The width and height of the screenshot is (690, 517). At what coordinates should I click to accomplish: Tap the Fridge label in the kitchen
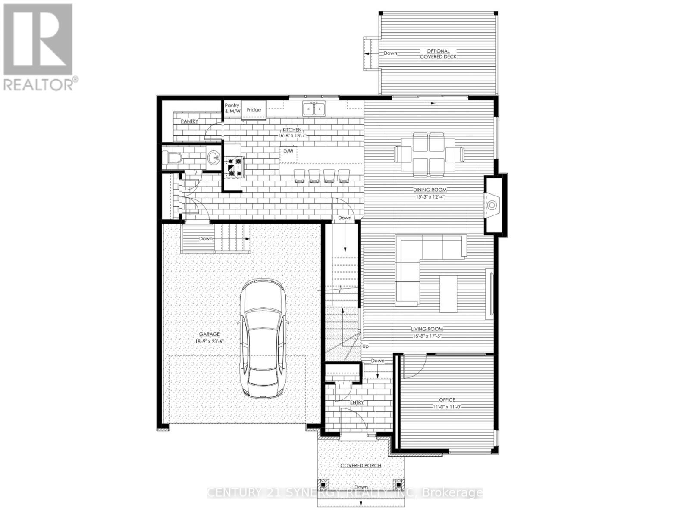254,110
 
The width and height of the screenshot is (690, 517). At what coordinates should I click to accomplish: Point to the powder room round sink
213,158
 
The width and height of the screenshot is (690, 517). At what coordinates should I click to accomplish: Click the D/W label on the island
288,151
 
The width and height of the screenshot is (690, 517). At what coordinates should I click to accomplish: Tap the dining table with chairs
429,154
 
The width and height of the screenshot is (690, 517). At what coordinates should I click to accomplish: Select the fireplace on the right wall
492,205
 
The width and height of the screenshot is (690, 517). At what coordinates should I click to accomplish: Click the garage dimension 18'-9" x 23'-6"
209,341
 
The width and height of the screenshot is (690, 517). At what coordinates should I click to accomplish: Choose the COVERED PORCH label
361,466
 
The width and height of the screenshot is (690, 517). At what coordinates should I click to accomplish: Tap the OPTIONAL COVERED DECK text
438,53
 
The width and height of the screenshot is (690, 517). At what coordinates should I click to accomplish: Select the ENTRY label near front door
357,402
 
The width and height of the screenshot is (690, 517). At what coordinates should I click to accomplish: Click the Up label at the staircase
366,346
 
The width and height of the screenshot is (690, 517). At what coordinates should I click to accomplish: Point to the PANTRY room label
189,121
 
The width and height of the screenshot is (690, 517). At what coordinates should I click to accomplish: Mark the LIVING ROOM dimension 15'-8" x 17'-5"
427,336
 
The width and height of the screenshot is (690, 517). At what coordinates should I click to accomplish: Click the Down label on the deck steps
390,53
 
